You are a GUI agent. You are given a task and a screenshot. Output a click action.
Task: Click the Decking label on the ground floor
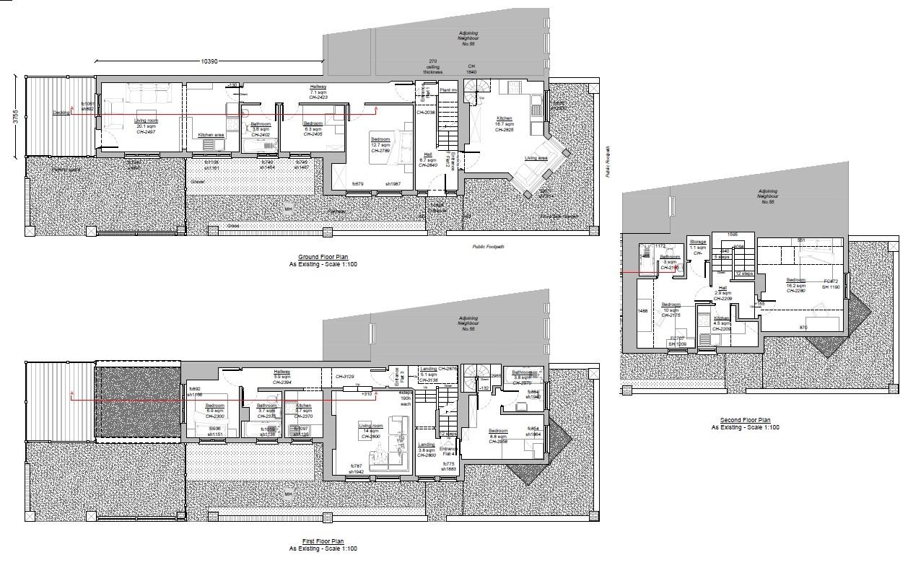[61, 113]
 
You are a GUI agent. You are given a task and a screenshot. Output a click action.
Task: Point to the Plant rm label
[449, 89]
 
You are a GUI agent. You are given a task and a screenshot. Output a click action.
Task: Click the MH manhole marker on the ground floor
[288, 209]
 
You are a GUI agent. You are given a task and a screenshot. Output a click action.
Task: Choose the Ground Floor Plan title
[323, 257]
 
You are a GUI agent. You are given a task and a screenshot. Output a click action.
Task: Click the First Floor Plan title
[323, 541]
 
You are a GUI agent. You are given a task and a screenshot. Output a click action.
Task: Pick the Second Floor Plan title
[745, 420]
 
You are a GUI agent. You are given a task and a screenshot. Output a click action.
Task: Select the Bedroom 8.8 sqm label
[498, 434]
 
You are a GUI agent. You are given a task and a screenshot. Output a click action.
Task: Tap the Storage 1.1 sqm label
[697, 245]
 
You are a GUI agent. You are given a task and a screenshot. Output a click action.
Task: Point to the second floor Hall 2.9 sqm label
[723, 292]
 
